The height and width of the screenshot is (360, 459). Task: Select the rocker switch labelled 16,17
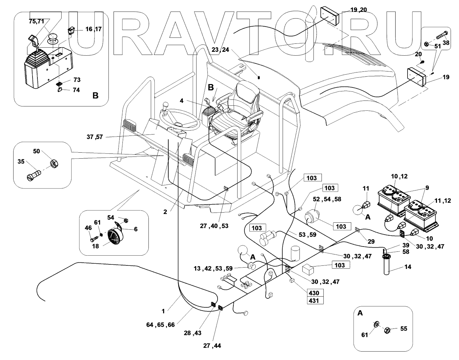tap(72, 31)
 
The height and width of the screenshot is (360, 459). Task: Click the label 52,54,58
tap(327, 199)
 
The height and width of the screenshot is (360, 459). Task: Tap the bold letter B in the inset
tap(96, 95)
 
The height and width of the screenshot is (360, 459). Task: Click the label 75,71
tap(36, 21)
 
